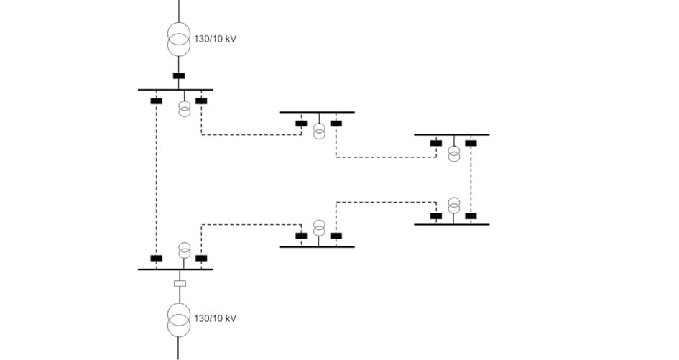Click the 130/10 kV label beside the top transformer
click(x=215, y=39)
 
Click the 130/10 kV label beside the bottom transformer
click(x=215, y=318)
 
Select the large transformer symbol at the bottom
click(x=179, y=320)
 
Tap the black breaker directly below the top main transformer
click(x=179, y=76)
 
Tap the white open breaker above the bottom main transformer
click(x=180, y=283)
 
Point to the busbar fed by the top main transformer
click(x=175, y=90)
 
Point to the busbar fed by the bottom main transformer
click(x=175, y=269)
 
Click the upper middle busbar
click(x=317, y=112)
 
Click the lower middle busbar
click(x=317, y=247)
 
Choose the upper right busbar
click(x=451, y=134)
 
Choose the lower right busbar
click(x=451, y=225)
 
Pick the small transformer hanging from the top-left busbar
click(x=185, y=109)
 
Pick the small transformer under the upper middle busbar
click(x=319, y=131)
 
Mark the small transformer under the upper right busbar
click(x=454, y=153)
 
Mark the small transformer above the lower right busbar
click(x=454, y=206)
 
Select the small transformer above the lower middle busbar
click(x=319, y=228)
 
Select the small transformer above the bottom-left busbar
click(x=185, y=250)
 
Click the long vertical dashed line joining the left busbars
click(x=156, y=180)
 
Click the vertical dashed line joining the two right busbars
click(x=471, y=180)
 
